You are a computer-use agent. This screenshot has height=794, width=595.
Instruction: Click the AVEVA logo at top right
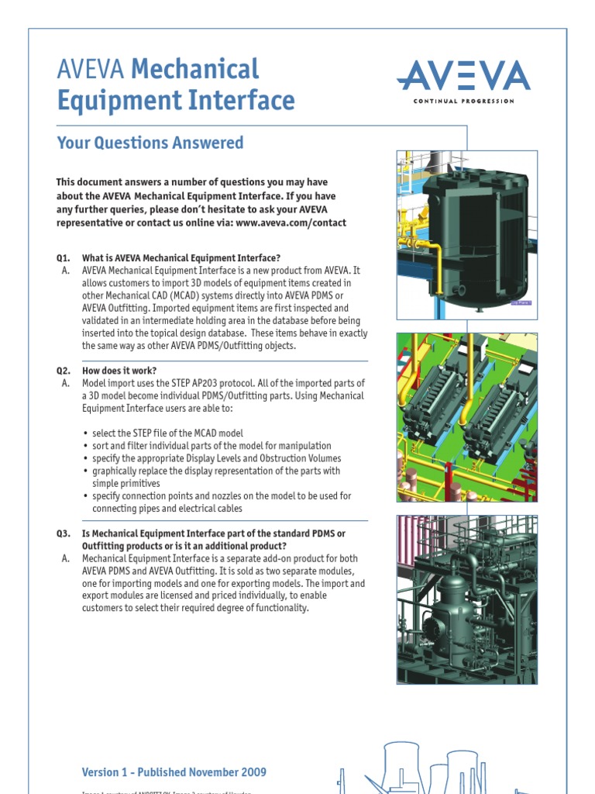[463, 77]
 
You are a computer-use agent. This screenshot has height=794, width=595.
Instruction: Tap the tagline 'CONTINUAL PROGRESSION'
[463, 102]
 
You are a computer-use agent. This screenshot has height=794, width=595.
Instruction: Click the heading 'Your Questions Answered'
[150, 143]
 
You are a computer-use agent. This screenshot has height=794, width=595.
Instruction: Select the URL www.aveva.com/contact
[291, 223]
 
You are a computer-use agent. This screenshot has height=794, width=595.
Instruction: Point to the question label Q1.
[63, 257]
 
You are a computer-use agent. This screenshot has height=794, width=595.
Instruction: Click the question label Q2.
[63, 371]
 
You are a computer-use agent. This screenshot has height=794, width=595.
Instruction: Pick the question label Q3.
[63, 533]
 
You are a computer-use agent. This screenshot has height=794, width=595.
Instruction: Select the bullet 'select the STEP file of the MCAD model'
[178, 433]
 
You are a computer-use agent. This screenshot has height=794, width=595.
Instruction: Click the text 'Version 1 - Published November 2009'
[174, 750]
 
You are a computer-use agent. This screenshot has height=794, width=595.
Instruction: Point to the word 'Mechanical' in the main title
[195, 69]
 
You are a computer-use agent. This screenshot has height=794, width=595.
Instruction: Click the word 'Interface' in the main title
[246, 101]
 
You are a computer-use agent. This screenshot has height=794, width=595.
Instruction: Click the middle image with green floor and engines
[466, 417]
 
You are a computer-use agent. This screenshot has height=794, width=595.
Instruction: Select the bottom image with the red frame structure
[466, 599]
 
